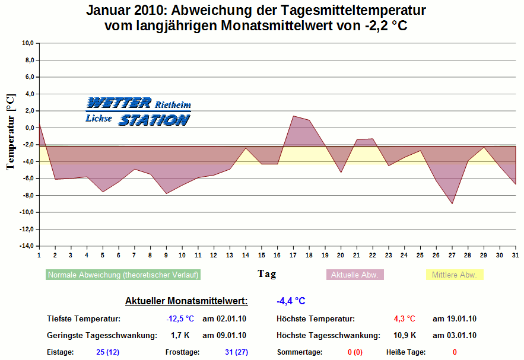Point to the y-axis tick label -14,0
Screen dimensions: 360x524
pos(26,246)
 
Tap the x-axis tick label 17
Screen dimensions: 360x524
pos(293,255)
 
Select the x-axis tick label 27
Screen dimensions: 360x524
pos(452,255)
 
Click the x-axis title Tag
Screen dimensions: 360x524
pos(266,274)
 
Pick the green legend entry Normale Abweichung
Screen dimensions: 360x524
pos(123,275)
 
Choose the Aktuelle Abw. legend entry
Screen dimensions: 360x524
pos(355,275)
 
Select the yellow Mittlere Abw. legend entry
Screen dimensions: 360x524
pos(454,275)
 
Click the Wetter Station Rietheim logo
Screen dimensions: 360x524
pos(138,111)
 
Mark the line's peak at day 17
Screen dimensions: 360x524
pos(293,116)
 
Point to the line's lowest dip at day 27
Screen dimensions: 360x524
pos(452,203)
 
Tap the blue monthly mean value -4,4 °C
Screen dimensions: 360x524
pos(291,301)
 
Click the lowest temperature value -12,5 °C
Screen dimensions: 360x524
pos(180,319)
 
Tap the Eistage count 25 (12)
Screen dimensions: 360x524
pos(108,352)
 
